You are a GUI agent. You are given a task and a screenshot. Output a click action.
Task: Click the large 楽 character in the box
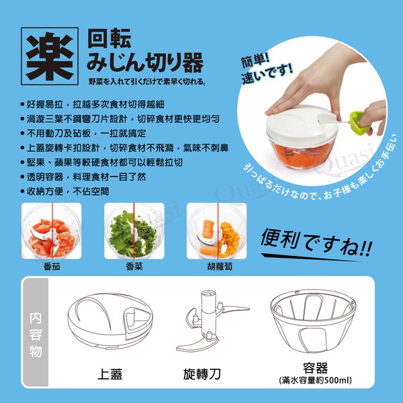(x=50, y=56)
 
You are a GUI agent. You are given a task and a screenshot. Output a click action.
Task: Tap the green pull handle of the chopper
(x=359, y=122)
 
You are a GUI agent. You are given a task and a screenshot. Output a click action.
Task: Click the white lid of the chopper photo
(x=301, y=123)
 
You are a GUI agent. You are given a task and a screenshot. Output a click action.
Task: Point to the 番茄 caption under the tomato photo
(x=52, y=267)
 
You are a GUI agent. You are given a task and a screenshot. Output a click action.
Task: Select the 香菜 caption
(x=134, y=267)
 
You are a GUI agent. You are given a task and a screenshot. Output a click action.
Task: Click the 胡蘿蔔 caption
(x=220, y=267)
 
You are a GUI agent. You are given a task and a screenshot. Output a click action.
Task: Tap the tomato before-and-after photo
(x=52, y=231)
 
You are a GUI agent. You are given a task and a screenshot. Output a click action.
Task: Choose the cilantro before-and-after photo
(x=134, y=231)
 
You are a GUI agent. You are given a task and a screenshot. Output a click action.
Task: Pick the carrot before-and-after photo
(x=217, y=231)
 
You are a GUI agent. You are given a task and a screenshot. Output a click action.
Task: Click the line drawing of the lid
(x=110, y=321)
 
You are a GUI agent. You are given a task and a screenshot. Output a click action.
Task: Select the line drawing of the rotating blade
(x=210, y=321)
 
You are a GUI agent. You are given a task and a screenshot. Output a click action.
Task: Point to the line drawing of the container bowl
(x=313, y=321)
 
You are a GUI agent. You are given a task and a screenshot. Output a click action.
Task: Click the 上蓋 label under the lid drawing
(x=110, y=374)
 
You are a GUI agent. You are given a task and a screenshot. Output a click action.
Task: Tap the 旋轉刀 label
(x=202, y=374)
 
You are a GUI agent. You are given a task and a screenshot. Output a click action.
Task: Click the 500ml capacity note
(x=316, y=380)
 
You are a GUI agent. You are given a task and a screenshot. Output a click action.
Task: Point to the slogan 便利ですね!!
(x=316, y=242)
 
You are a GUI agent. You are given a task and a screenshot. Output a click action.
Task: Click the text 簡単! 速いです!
(x=266, y=69)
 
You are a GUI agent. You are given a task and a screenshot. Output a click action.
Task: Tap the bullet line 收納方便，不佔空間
(x=65, y=191)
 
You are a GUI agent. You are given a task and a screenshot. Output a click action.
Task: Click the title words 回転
(x=109, y=38)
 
